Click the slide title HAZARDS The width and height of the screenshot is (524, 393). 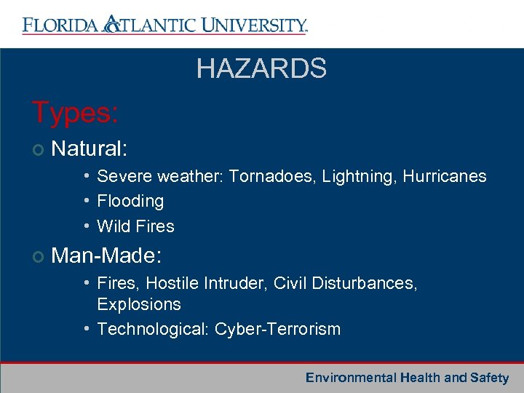[261, 69]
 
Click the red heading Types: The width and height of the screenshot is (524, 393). [76, 113]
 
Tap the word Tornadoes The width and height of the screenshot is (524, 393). [266, 177]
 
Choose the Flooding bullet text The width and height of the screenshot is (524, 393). [130, 201]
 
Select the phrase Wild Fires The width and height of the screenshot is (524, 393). [135, 226]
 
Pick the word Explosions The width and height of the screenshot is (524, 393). [139, 304]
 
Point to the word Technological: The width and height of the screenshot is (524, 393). [154, 329]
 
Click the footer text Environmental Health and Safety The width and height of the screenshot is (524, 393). [407, 378]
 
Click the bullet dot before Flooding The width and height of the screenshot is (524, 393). [86, 201]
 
